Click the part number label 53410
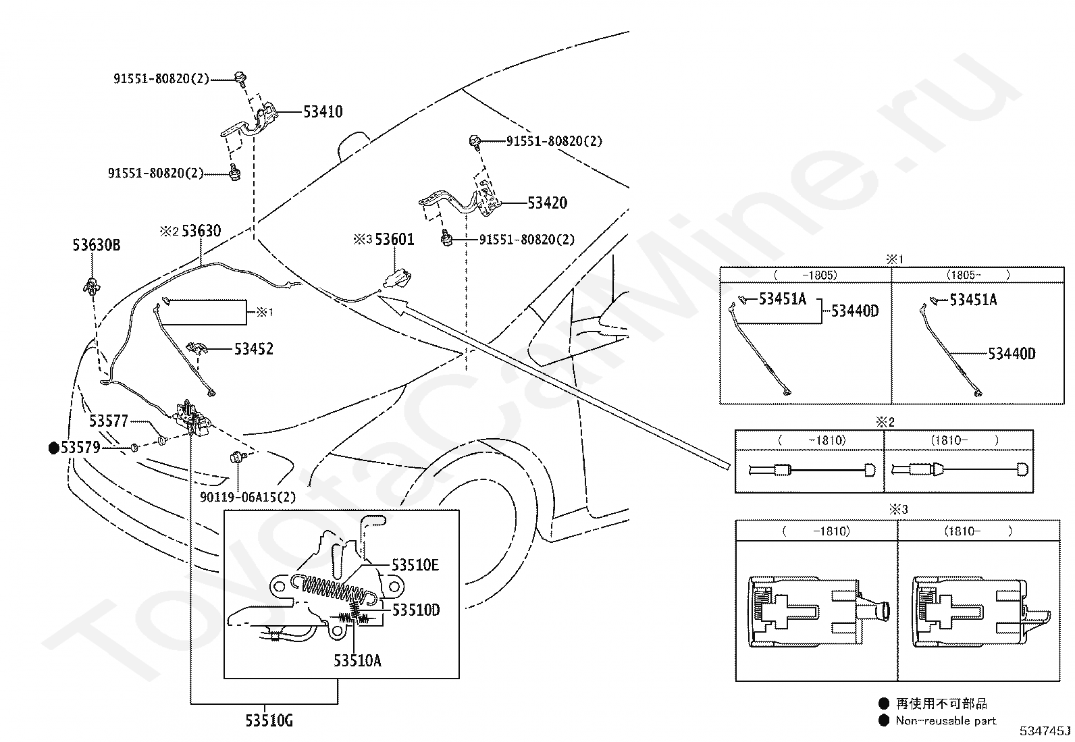tap(323, 112)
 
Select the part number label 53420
tap(547, 203)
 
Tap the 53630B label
tap(97, 245)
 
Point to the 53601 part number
tap(394, 239)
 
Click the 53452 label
tap(253, 349)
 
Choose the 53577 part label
tap(109, 421)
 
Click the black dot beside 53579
tap(54, 448)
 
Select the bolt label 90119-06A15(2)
tap(248, 497)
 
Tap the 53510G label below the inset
tap(269, 720)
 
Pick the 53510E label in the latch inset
tap(415, 565)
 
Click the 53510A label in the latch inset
tap(357, 661)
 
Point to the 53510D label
tap(416, 610)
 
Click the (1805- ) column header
tap(978, 275)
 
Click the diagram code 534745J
tap(1045, 731)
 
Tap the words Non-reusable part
tap(945, 720)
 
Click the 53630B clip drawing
tap(91, 285)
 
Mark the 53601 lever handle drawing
tap(398, 279)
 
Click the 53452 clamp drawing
tap(196, 348)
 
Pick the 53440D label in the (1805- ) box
tap(1012, 354)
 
